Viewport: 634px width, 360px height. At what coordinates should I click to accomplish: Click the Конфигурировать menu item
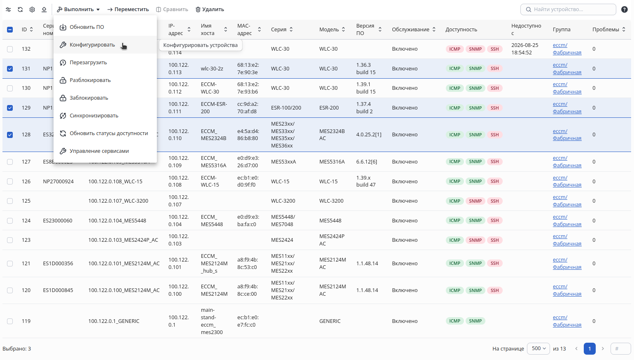point(92,45)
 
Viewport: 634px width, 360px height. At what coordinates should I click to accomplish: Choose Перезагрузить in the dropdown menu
point(88,62)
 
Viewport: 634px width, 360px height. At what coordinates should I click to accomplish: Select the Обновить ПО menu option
point(86,27)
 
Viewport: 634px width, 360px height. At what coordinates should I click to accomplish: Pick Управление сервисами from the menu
point(99,151)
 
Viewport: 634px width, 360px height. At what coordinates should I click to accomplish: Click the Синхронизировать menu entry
point(94,116)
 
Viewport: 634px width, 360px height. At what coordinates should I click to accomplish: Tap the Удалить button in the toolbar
point(210,9)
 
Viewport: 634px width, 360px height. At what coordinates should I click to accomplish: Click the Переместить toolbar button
point(128,9)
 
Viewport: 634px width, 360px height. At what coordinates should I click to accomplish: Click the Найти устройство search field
point(568,9)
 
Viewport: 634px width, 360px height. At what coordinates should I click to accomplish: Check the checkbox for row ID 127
point(10,162)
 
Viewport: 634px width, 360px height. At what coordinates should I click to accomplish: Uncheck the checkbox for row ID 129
point(10,108)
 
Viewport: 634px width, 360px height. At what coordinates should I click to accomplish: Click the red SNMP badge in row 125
point(475,201)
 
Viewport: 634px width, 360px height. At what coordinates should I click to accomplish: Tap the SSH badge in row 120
point(494,290)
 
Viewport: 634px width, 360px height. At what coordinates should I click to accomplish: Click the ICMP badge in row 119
point(455,321)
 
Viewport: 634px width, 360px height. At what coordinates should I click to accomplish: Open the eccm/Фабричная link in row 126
point(567,181)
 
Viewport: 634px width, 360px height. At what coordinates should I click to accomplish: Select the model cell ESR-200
point(329,108)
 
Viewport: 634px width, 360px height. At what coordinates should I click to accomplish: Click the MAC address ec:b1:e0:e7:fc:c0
point(248,321)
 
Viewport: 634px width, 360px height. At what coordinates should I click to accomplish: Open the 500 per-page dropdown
point(538,348)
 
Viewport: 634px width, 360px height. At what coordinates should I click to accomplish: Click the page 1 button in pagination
point(590,348)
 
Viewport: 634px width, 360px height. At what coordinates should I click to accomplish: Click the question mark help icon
point(625,9)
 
